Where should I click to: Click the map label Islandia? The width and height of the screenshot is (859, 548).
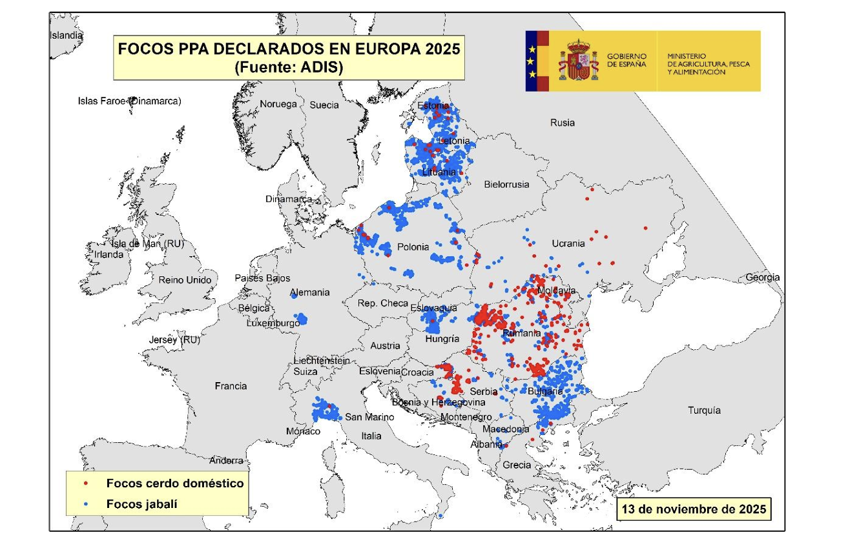pyautogui.click(x=67, y=36)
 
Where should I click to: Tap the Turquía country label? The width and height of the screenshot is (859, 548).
pyautogui.click(x=704, y=411)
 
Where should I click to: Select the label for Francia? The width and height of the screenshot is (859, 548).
pyautogui.click(x=231, y=386)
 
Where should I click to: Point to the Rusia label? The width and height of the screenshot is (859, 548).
pyautogui.click(x=562, y=123)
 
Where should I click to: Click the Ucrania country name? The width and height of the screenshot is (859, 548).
pyautogui.click(x=568, y=243)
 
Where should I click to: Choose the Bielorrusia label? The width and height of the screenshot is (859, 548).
pyautogui.click(x=506, y=185)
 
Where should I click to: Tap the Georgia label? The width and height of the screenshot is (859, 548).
pyautogui.click(x=762, y=278)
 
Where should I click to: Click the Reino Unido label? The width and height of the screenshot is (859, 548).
pyautogui.click(x=185, y=280)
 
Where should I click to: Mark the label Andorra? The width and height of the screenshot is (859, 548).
pyautogui.click(x=226, y=461)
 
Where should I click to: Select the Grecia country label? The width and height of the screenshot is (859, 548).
pyautogui.click(x=517, y=465)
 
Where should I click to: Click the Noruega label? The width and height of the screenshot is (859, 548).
pyautogui.click(x=278, y=104)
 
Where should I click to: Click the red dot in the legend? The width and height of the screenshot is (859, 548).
pyautogui.click(x=87, y=483)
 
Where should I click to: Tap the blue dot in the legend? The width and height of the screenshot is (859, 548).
pyautogui.click(x=87, y=504)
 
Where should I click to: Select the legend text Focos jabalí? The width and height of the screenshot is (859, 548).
pyautogui.click(x=141, y=504)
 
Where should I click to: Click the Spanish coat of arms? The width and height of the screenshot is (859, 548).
pyautogui.click(x=578, y=61)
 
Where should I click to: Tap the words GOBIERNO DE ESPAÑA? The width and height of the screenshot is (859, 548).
pyautogui.click(x=626, y=61)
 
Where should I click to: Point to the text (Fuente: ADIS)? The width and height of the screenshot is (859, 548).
pyautogui.click(x=288, y=67)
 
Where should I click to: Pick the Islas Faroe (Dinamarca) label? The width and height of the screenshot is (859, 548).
pyautogui.click(x=129, y=101)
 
